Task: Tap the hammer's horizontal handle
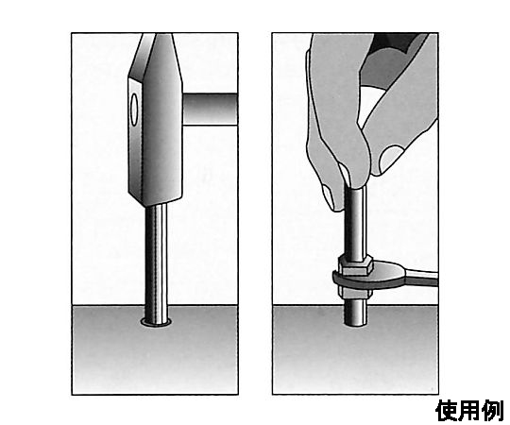coord(210,109)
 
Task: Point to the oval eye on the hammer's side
coord(134,110)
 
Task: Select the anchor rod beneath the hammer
coord(156,263)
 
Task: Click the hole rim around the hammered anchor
coord(156,324)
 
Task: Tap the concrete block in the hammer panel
coord(155,349)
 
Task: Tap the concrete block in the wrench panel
coord(355,349)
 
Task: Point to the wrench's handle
coord(420,277)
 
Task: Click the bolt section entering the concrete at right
coord(355,313)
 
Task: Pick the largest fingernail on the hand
coord(391,159)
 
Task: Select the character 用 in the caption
coord(470,411)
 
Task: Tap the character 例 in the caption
coord(493,411)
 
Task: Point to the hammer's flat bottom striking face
coord(156,201)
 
